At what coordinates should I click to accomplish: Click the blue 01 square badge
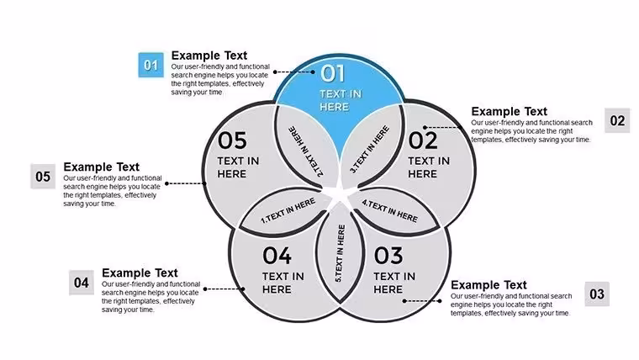coord(151,65)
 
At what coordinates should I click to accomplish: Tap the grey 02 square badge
coord(617,120)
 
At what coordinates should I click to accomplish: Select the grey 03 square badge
coord(597,294)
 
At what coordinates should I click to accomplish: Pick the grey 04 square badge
coord(82,283)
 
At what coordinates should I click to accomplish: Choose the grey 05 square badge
coord(43,177)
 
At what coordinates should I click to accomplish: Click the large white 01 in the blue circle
coord(333,74)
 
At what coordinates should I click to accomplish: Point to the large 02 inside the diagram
coord(423,140)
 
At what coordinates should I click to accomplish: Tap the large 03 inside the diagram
coord(388,256)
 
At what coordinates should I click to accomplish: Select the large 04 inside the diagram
coord(277,256)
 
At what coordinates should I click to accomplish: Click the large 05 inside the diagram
coord(232,140)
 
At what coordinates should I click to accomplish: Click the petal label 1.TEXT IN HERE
coord(288,211)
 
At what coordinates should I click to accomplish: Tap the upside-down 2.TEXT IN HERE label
coord(306,151)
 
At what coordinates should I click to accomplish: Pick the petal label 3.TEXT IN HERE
coord(370,150)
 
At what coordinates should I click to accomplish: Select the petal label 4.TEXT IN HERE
coord(390,211)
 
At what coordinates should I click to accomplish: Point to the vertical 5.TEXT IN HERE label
coord(340,253)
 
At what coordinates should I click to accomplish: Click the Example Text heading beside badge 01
coord(209,56)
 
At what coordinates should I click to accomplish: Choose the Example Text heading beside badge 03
coord(488,285)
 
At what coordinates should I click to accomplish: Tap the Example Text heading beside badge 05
coord(101,167)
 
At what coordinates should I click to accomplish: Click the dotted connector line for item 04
coord(224,289)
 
